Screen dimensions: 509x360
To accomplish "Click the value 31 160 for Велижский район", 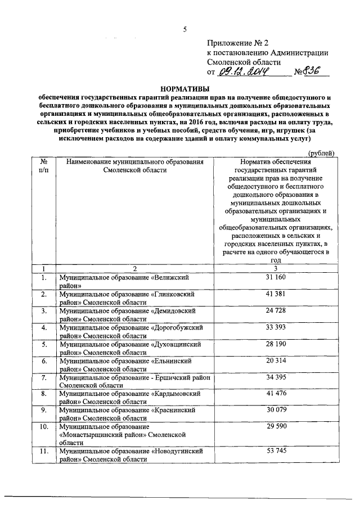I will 275,277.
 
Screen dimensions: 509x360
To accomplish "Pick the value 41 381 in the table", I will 275,294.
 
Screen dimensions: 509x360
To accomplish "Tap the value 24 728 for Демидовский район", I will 275,310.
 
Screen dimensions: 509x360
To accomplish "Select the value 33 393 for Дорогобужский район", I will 275,326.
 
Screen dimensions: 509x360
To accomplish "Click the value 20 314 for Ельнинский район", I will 275,359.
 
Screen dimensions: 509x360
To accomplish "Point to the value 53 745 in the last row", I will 275,451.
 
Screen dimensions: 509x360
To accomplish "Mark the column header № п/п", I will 44,166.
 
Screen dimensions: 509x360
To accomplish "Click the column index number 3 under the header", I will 275,268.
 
